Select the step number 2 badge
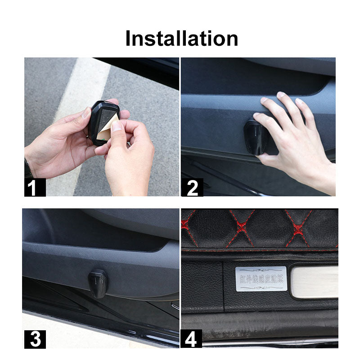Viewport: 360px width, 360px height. [192, 187]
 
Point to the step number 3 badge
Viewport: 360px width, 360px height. [34, 338]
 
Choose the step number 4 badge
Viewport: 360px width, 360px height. [192, 338]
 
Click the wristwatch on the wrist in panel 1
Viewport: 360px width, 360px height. [28, 169]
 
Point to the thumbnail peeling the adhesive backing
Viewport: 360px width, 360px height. [117, 126]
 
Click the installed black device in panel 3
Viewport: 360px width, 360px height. [98, 283]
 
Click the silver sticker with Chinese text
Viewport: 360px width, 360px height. [261, 279]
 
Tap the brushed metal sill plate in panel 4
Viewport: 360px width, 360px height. [315, 281]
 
